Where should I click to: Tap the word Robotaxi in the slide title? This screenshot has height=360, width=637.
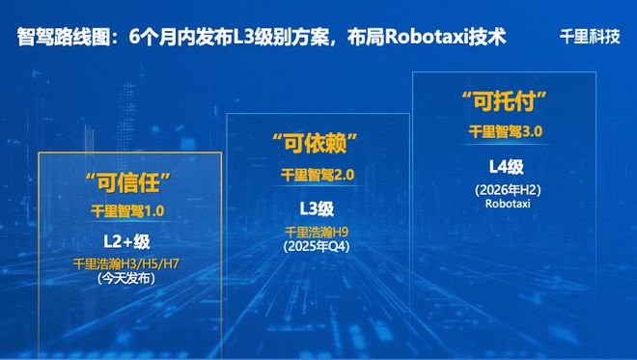[x=429, y=38]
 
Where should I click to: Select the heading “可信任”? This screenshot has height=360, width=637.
[x=127, y=180]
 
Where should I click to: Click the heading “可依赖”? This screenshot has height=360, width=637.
[x=316, y=147]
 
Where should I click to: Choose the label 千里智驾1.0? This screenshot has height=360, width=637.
[x=128, y=210]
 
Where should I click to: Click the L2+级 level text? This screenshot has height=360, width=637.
[x=127, y=240]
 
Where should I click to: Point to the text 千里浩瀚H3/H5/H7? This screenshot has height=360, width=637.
[x=126, y=263]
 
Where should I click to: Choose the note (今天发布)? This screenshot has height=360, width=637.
[x=126, y=279]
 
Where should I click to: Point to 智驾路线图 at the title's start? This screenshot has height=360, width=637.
[x=60, y=38]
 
